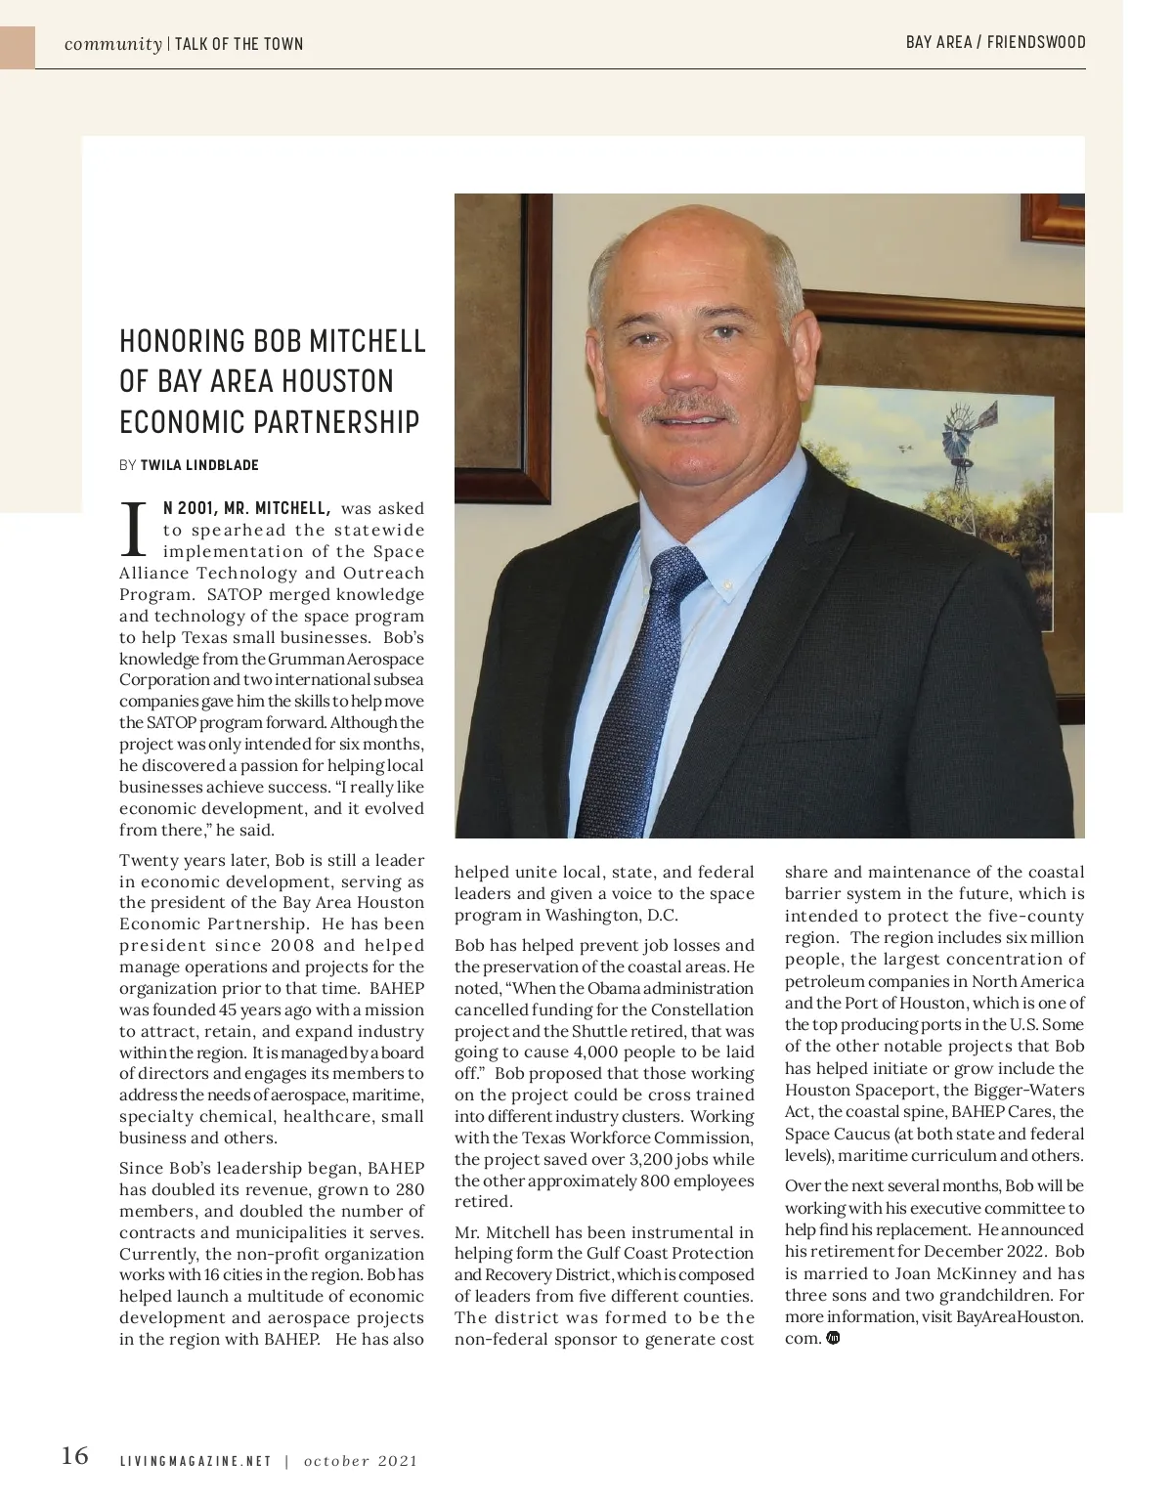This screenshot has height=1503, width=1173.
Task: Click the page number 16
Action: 74,1456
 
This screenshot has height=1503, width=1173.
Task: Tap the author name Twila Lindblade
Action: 199,465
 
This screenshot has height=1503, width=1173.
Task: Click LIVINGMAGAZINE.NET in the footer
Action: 195,1462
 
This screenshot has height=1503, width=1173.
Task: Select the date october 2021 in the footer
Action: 361,1462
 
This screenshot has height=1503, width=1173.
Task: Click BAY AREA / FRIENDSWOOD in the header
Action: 995,42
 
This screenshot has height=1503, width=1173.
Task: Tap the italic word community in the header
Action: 113,44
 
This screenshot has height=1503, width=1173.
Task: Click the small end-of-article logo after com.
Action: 833,1338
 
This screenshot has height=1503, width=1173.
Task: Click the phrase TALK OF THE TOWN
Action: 239,44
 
